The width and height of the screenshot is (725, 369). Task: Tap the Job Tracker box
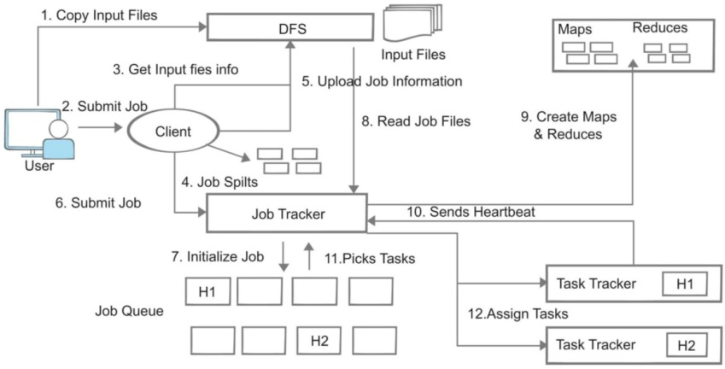tap(286, 214)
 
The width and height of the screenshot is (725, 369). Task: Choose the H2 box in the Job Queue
tap(319, 341)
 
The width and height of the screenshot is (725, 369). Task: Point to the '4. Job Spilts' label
tap(219, 182)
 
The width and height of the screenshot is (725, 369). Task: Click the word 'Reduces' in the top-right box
tap(659, 28)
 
